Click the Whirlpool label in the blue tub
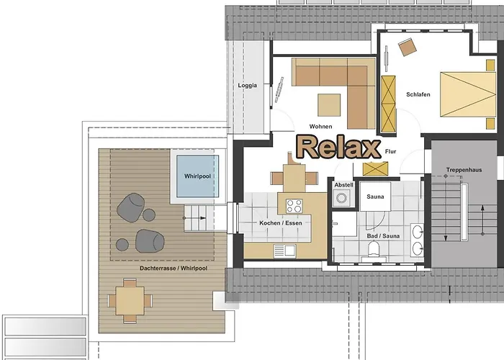point(197,176)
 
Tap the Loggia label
point(248,85)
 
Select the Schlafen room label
point(418,94)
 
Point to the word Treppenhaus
point(464,170)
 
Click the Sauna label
point(375,197)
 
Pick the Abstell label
point(343,185)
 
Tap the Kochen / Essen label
point(281,222)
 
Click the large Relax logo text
point(338,147)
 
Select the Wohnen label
point(320,126)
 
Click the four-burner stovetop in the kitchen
point(294,206)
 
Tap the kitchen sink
point(285,251)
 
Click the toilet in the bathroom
point(374,249)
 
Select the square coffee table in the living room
point(329,105)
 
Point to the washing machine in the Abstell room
point(341,197)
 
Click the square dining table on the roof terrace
point(130,301)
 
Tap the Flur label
point(390,151)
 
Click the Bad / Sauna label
point(383,236)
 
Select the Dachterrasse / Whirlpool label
point(174,268)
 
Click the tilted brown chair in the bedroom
point(408,48)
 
